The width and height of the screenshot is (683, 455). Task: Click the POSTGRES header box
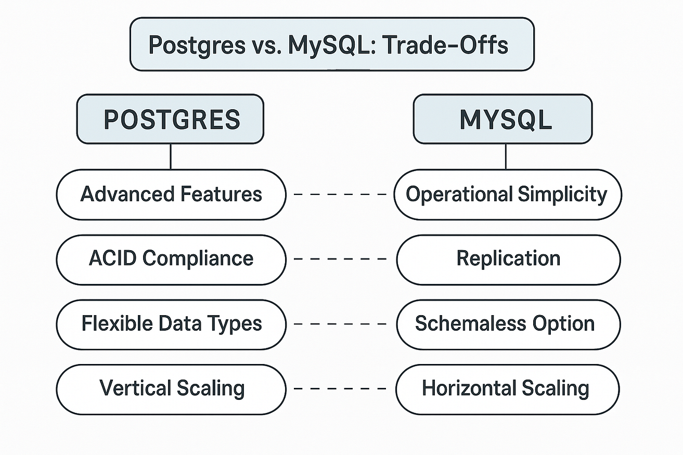pos(170,119)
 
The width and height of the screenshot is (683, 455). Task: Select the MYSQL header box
pos(503,119)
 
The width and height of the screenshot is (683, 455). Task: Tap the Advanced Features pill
pos(171,194)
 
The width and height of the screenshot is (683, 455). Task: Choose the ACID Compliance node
pos(171,259)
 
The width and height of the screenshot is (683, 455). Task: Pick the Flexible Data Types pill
pos(171,324)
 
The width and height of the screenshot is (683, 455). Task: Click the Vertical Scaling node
pos(171,389)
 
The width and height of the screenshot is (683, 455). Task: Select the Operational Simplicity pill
pos(508,194)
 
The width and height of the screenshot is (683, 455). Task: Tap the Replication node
pos(509,259)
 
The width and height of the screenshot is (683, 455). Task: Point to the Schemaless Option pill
pos(509,324)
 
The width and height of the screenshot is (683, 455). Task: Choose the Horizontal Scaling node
pos(508,389)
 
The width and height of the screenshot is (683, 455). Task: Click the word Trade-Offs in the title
pos(445,45)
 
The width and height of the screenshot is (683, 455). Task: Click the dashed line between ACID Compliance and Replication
pos(340,259)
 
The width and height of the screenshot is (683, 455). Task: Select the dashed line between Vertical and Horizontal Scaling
pos(340,388)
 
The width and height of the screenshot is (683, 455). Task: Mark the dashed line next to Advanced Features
pos(340,194)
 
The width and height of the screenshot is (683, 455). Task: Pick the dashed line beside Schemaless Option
pos(340,324)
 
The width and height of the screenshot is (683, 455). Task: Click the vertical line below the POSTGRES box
pos(171,157)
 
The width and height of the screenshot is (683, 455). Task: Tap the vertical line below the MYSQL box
pos(506,157)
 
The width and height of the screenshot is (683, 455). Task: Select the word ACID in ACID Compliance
pos(112,258)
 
